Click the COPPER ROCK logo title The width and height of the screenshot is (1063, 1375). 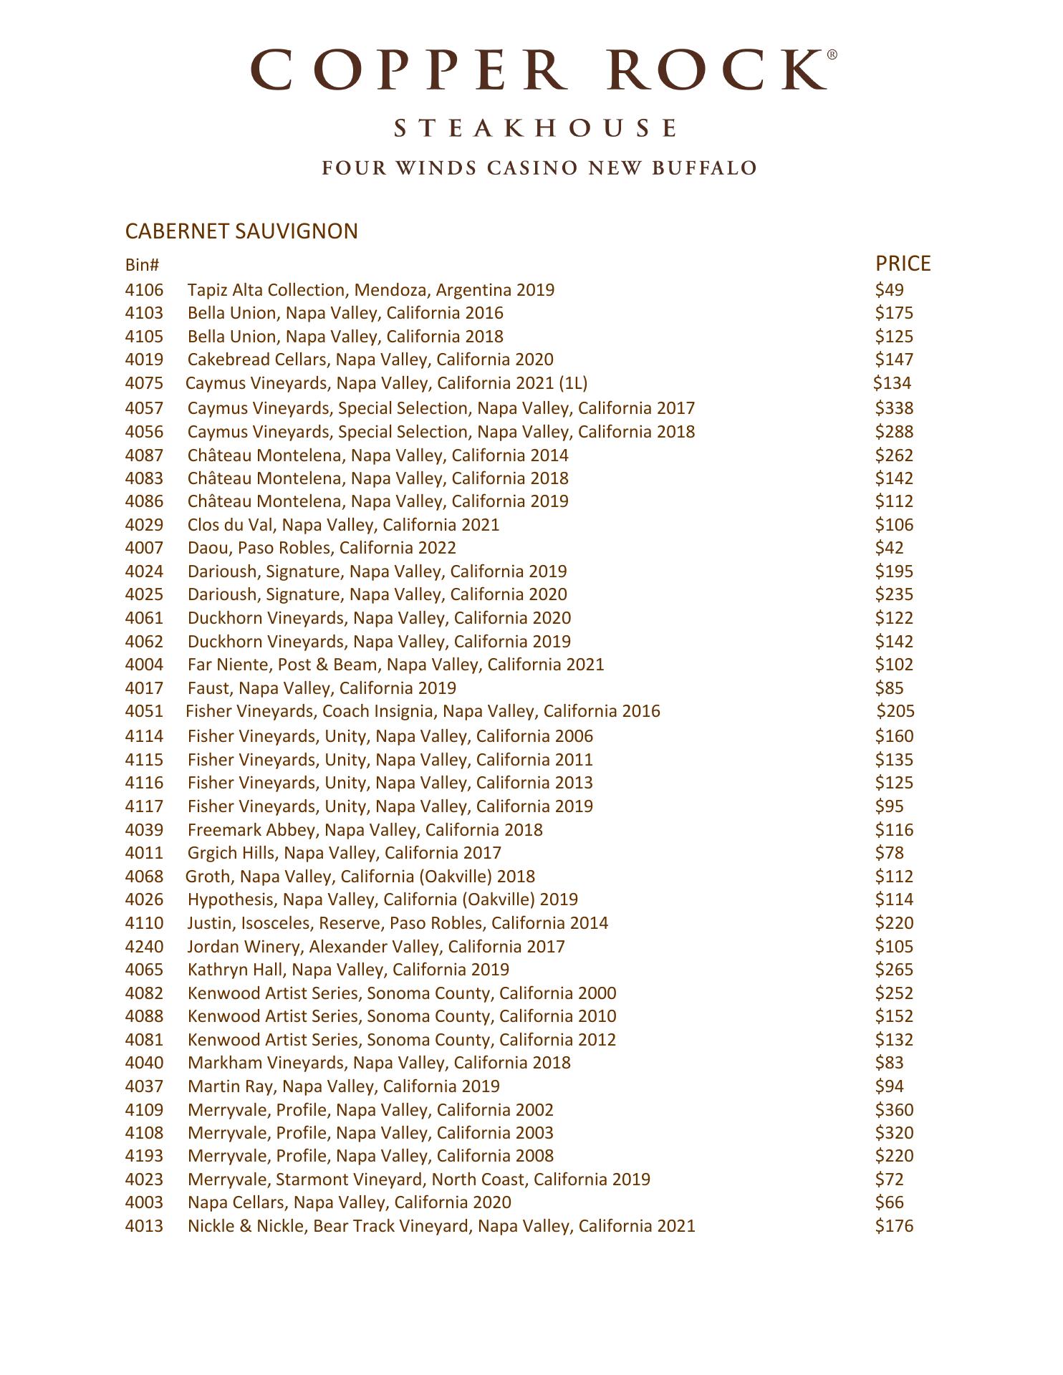542,69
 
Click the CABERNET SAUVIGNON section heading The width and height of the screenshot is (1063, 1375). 241,231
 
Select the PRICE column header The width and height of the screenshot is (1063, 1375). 903,264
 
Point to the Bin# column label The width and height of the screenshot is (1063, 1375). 142,265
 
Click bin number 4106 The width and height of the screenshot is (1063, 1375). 144,290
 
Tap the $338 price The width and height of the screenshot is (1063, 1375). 894,408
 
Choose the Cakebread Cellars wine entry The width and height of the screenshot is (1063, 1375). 370,360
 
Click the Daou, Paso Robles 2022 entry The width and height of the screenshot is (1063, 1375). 322,548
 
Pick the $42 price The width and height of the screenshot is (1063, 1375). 889,548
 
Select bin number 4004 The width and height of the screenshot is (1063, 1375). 144,665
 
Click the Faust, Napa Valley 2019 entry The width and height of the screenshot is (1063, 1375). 322,688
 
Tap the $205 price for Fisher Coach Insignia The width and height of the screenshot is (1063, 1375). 896,711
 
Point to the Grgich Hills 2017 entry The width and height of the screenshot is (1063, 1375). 344,853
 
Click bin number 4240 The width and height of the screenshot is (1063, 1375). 144,947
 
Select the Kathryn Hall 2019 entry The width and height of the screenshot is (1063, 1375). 348,970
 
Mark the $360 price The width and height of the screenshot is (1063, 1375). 894,1110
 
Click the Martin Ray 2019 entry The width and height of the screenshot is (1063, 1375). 343,1086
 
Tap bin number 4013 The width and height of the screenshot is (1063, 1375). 144,1226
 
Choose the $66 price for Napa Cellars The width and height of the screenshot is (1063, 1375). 889,1202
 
